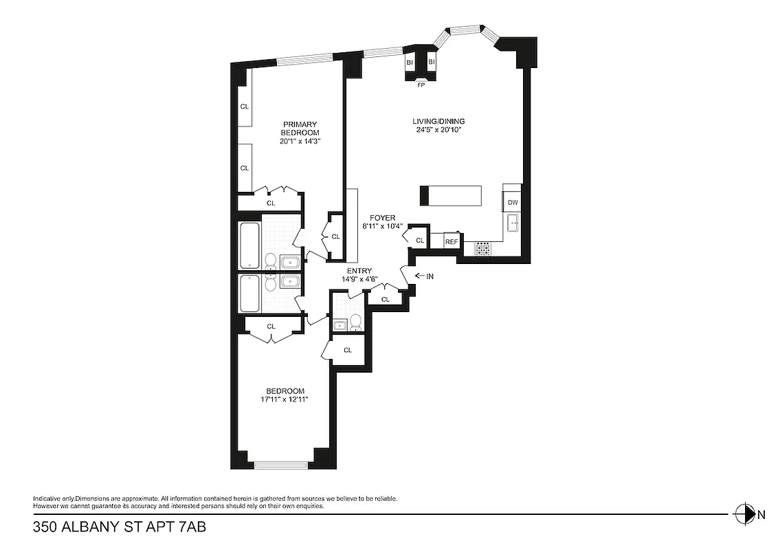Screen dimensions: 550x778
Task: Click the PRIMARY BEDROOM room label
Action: (x=300, y=128)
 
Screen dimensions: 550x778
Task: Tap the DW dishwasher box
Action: (x=513, y=203)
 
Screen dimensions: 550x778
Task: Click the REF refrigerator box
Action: (x=452, y=241)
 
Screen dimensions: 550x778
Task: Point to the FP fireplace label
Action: (x=421, y=85)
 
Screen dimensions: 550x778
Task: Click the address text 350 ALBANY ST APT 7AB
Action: (x=120, y=528)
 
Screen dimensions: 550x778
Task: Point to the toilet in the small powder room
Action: (x=355, y=322)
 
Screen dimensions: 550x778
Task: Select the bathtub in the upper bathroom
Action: (x=249, y=245)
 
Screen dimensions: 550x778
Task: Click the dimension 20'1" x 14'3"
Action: (x=300, y=141)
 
